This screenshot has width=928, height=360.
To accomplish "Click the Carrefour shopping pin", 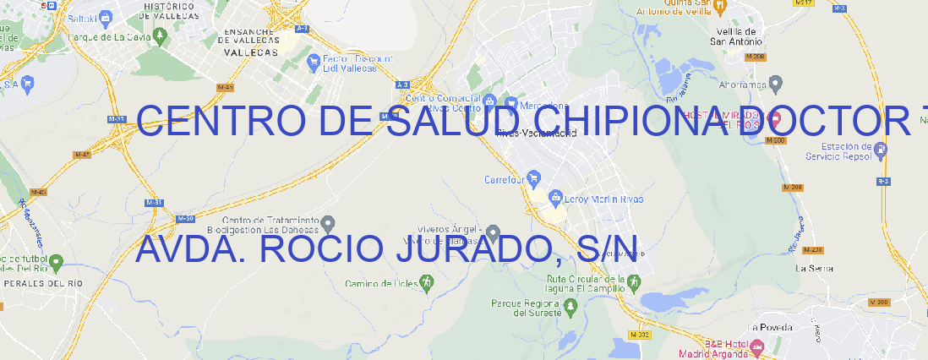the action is [x=534, y=179].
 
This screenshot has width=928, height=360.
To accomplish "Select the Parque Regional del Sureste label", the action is [x=526, y=307].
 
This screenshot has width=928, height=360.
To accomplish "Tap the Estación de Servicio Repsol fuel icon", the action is [x=881, y=151].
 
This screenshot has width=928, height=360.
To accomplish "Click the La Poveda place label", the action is [x=770, y=327].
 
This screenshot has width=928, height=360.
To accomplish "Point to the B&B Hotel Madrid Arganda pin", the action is [x=757, y=346].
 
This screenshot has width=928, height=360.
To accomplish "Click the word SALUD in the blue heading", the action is [x=457, y=122].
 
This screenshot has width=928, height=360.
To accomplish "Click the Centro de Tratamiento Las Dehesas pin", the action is [x=328, y=223].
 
